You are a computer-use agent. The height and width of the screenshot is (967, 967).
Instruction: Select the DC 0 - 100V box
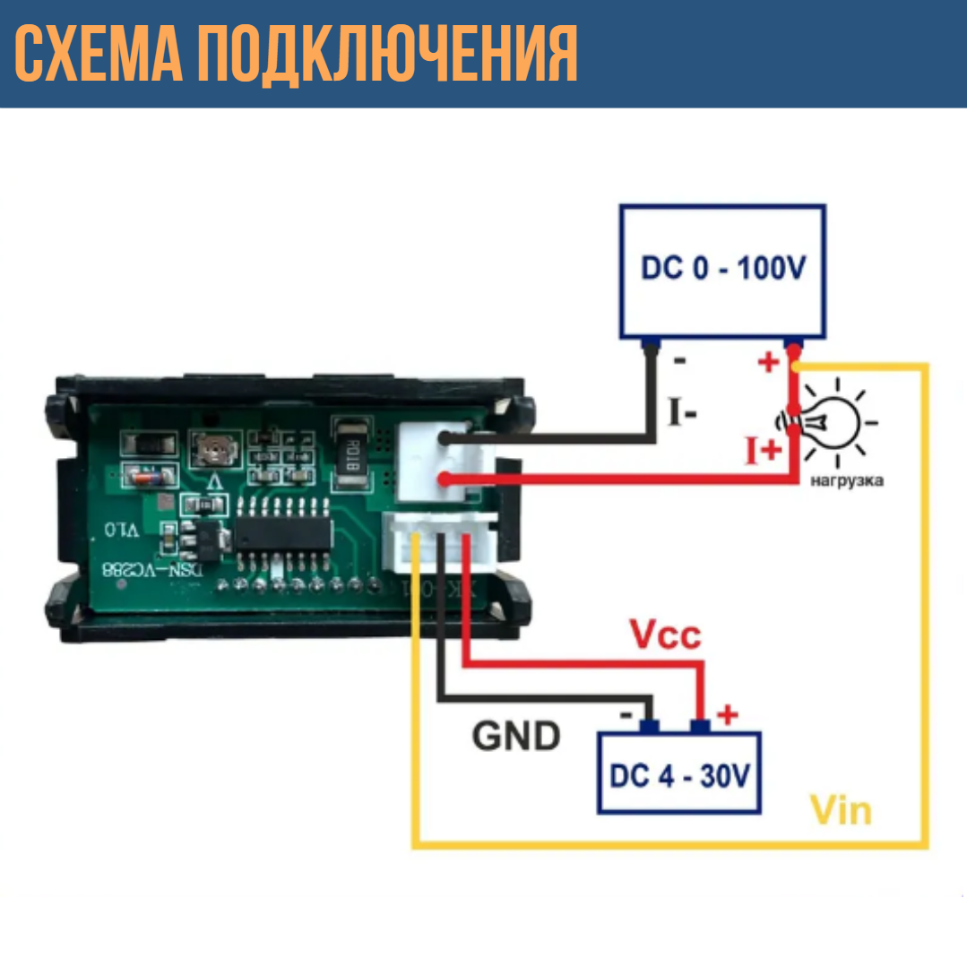click(x=722, y=271)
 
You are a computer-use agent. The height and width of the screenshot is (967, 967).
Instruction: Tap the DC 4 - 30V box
click(x=679, y=773)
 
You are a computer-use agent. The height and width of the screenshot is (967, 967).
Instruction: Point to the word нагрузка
click(x=846, y=481)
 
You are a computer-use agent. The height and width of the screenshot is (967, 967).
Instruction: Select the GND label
click(x=516, y=736)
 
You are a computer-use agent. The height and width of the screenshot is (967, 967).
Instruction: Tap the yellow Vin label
click(x=840, y=810)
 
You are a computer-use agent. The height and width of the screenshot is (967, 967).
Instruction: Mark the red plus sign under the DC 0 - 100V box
click(x=767, y=363)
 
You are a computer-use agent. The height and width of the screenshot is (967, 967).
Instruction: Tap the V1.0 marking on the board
click(x=122, y=530)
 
